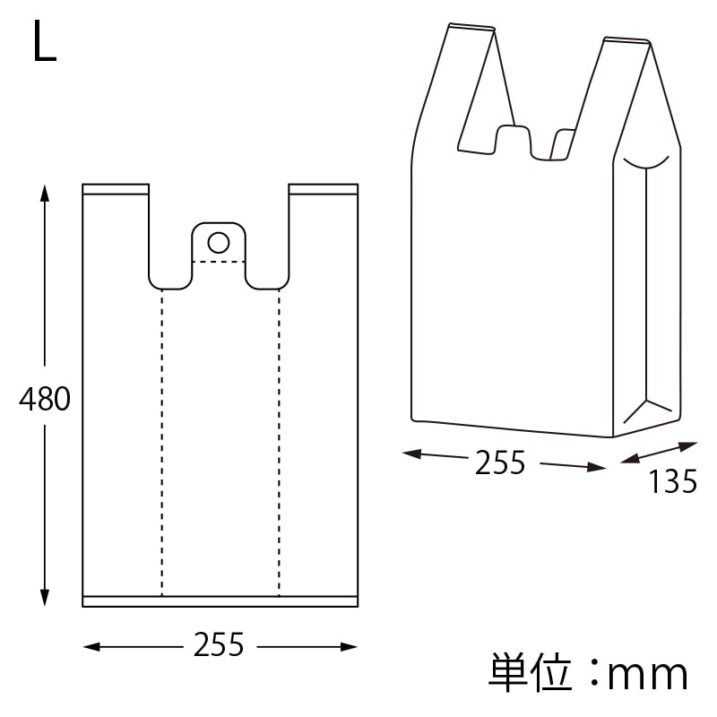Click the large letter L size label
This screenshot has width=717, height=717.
(x=44, y=42)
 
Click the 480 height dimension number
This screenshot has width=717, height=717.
(x=44, y=399)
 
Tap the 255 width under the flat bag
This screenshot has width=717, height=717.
(x=219, y=645)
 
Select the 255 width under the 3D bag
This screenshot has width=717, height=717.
(x=500, y=462)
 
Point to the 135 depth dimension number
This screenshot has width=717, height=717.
(x=672, y=483)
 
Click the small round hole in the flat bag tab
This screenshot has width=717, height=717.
(x=218, y=241)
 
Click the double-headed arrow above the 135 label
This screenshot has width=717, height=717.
(x=659, y=453)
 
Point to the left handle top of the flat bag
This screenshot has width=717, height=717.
(x=116, y=189)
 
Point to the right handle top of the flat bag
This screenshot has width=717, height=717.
(x=324, y=189)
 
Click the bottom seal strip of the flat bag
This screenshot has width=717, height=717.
(x=220, y=601)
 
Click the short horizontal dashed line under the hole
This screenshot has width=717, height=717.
(x=219, y=262)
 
